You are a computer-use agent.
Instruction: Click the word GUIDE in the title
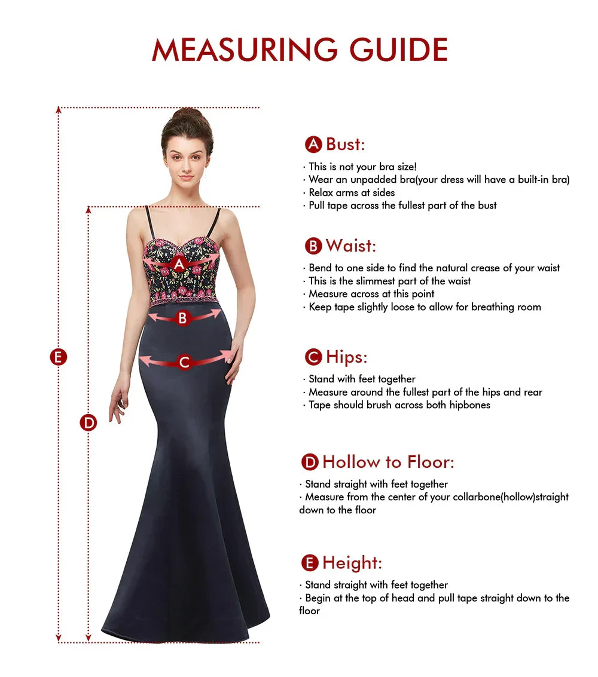tap(399, 50)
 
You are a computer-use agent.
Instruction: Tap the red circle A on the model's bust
tap(179, 263)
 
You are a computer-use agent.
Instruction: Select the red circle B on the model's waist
tap(183, 318)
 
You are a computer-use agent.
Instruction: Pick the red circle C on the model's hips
tap(184, 362)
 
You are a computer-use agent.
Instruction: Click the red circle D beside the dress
tap(89, 422)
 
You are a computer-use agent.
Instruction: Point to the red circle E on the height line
tap(58, 357)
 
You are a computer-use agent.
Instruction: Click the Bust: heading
tap(345, 144)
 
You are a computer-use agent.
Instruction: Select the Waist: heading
tap(350, 246)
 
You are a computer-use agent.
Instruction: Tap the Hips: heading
tap(346, 357)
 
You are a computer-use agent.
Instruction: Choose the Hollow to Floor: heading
tap(388, 462)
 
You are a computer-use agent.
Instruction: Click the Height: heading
tap(352, 563)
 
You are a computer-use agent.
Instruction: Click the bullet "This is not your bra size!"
tap(362, 167)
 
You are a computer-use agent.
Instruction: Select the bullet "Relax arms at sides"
tap(352, 192)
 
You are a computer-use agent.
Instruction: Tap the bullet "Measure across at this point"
tap(371, 294)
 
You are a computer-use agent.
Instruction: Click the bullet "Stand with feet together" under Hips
tap(362, 379)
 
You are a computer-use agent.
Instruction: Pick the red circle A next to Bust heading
tap(313, 144)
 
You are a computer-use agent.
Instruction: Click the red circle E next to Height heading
tap(310, 563)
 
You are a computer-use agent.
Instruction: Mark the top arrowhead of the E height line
tap(59, 110)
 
